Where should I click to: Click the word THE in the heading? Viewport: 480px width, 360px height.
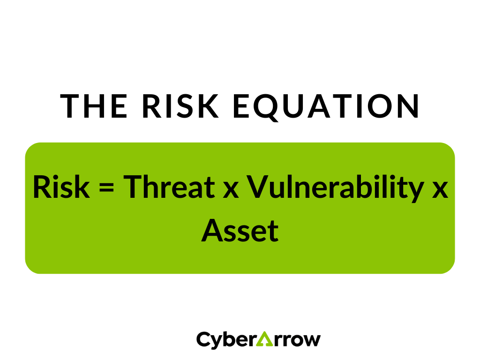94,106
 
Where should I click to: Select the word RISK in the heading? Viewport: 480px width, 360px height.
180,106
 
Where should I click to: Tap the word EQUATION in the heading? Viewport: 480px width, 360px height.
326,106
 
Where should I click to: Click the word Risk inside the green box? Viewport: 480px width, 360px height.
60,187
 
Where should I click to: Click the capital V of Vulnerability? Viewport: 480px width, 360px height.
257,187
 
